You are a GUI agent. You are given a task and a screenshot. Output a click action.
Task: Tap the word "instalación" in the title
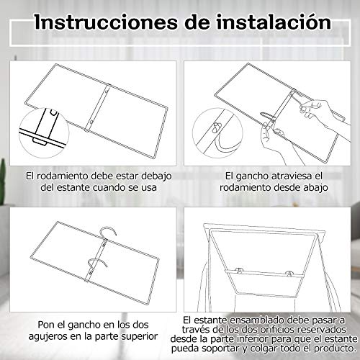point(274,22)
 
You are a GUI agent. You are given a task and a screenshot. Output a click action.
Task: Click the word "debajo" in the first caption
point(156,176)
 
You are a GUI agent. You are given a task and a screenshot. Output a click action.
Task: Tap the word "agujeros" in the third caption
point(48,336)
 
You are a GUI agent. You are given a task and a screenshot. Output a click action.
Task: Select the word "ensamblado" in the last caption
point(257,320)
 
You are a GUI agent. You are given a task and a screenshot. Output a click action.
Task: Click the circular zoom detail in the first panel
point(44,132)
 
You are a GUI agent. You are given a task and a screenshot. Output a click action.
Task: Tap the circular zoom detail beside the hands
point(217,132)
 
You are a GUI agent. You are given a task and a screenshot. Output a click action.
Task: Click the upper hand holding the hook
point(323,113)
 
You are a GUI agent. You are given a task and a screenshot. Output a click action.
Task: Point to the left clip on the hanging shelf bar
point(239,270)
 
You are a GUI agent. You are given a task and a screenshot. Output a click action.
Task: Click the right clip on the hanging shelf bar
point(289,273)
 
